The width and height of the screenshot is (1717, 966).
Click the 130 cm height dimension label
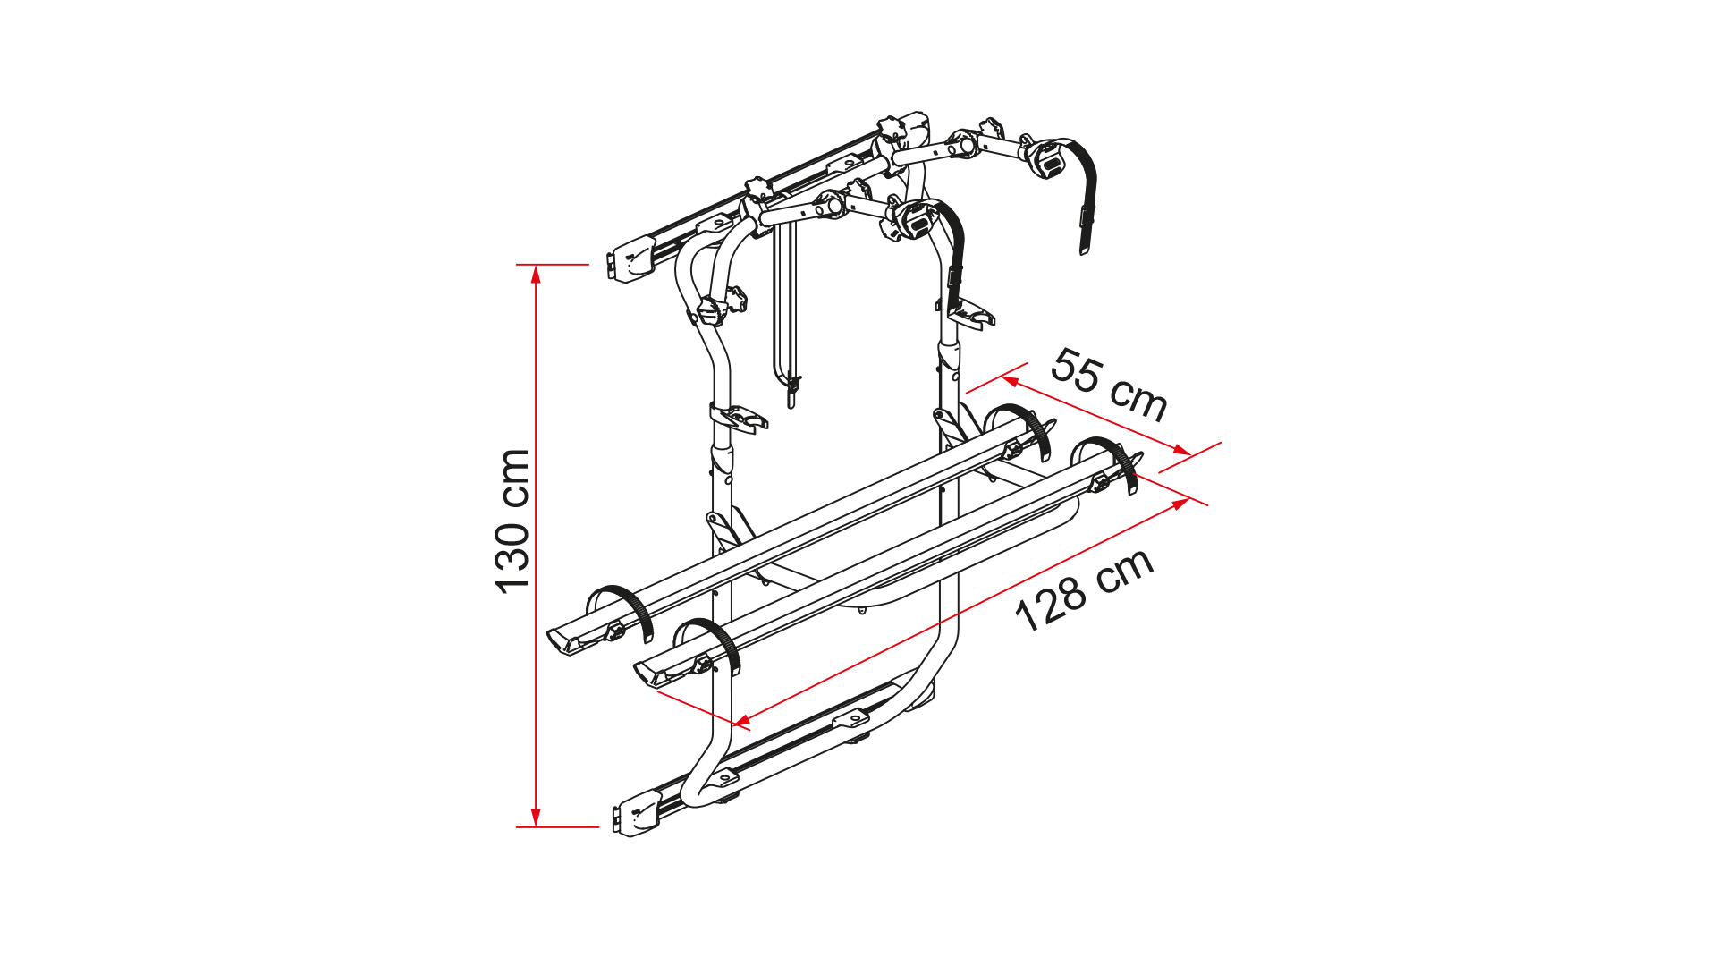(512, 521)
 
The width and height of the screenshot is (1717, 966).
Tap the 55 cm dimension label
(1110, 385)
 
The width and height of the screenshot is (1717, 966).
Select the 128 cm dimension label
(1084, 590)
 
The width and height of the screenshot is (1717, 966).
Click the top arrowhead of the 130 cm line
(536, 274)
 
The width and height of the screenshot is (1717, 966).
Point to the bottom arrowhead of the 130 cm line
(536, 818)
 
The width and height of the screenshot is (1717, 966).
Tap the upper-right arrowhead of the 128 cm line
(1180, 504)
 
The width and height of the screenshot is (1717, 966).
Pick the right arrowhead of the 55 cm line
(1181, 450)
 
